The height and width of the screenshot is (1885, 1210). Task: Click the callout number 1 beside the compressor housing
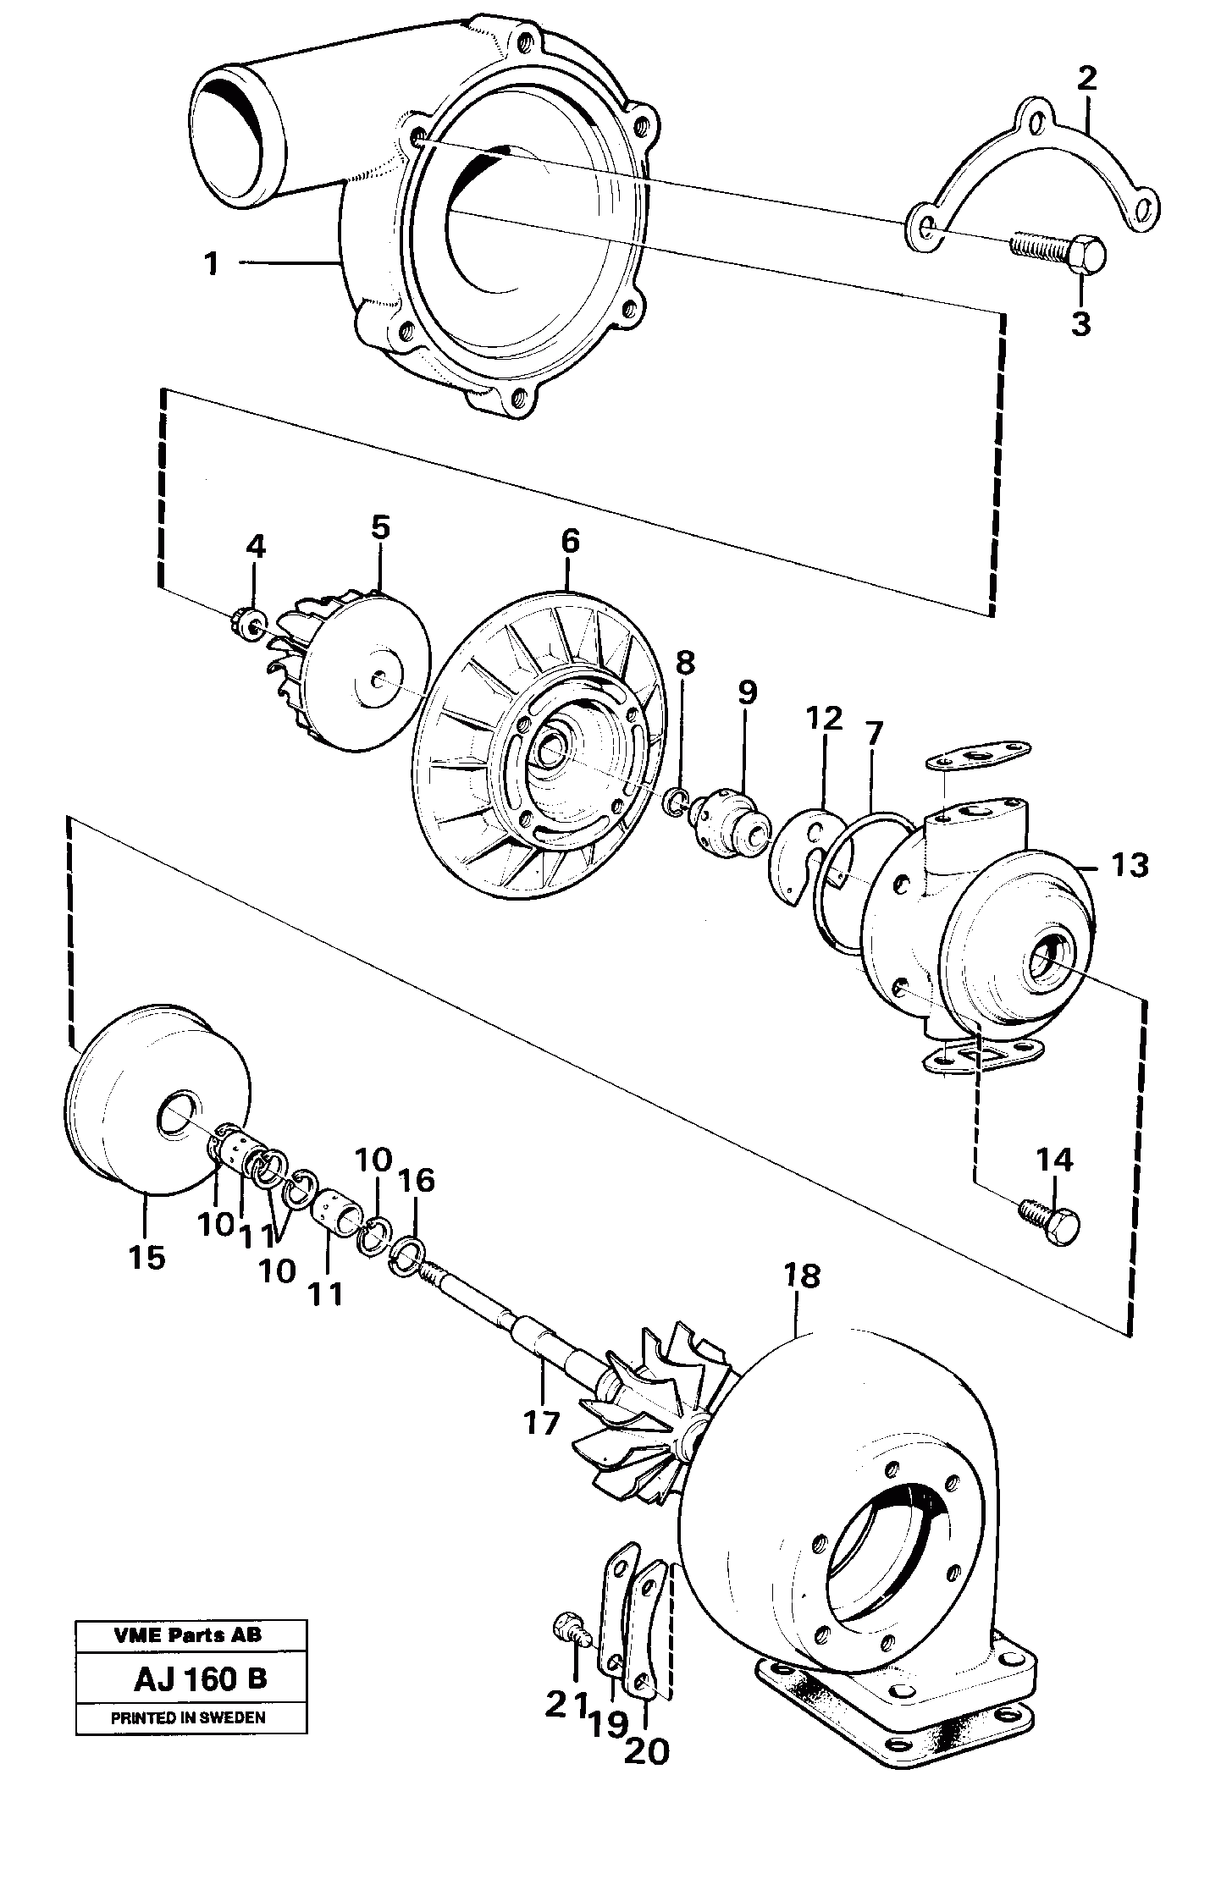(x=211, y=264)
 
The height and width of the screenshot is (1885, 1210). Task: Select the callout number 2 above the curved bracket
(x=1087, y=80)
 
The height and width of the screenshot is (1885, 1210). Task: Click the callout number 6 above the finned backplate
(x=569, y=540)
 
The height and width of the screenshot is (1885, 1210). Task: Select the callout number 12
(x=824, y=719)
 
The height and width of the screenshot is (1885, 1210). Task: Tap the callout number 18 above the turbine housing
(x=801, y=1299)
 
